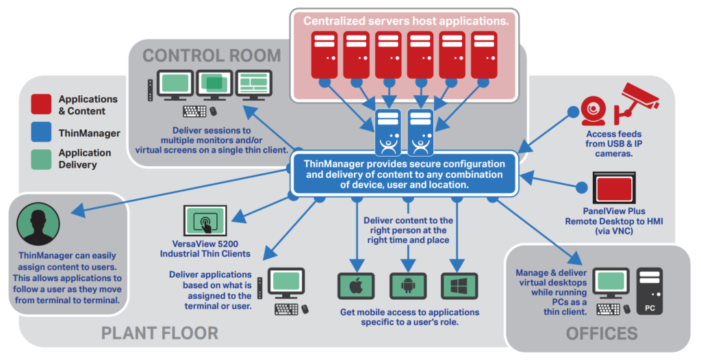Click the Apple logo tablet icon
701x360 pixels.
356,286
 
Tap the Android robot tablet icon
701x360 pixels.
408,286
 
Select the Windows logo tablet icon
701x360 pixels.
459,286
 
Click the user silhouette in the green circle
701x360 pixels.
38,224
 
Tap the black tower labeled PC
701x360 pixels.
650,291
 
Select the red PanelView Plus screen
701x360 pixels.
614,188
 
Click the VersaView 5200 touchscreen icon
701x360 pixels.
205,220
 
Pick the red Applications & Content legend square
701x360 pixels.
41,104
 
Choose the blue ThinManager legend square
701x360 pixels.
41,132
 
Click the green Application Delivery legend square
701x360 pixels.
41,159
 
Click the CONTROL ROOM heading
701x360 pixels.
212,56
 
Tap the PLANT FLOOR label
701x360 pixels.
160,333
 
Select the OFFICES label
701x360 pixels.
602,333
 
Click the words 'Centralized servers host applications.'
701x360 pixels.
406,21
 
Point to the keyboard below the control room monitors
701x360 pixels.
195,111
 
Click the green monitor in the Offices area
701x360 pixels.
611,283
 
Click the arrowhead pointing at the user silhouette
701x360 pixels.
78,210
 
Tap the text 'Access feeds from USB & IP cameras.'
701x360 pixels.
613,144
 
